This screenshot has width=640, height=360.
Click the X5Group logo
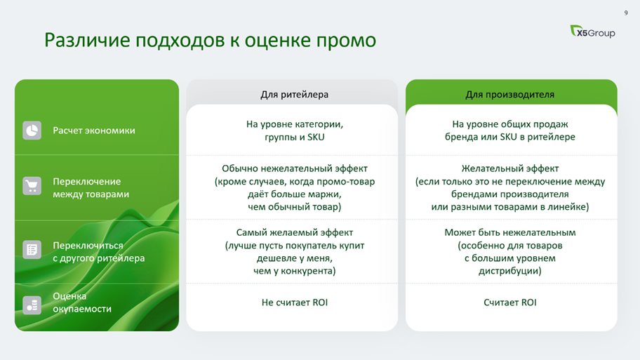point(592,32)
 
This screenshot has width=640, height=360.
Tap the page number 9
point(626,13)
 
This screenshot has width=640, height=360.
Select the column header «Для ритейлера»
point(294,95)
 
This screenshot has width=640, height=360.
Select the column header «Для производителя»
point(509,95)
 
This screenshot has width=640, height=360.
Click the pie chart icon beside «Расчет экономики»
point(32,131)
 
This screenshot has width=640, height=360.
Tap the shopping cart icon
point(32,186)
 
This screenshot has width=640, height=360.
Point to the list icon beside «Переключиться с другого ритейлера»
point(32,250)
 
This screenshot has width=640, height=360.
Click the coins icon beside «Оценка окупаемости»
point(32,305)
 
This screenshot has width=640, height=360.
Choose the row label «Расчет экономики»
point(94,131)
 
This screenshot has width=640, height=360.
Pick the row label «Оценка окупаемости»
point(82,302)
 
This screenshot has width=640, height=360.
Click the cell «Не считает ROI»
point(294,302)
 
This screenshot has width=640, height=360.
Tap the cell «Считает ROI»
point(509,302)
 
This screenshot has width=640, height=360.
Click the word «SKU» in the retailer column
point(316,137)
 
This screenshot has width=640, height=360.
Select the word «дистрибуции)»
point(509,271)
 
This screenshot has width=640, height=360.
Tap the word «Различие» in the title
point(87,41)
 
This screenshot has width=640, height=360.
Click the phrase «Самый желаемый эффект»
point(294,233)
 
